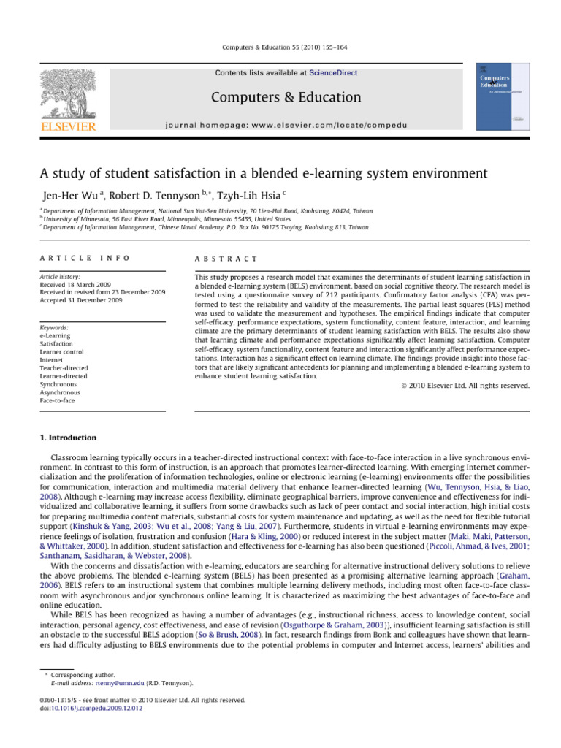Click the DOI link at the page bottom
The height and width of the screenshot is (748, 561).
(x=87, y=707)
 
